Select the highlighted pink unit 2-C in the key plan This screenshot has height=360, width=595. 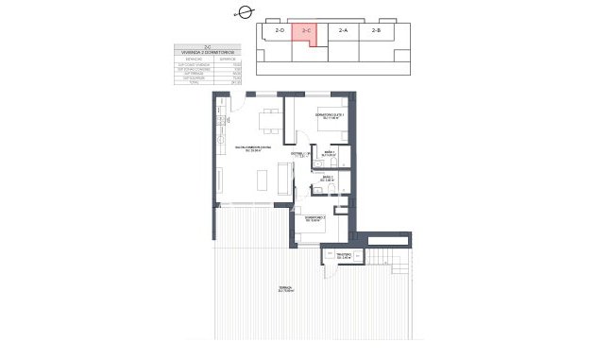(305, 33)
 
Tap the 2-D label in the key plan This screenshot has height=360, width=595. (280, 31)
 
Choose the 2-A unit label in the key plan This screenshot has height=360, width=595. (343, 31)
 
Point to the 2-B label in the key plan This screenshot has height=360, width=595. (377, 31)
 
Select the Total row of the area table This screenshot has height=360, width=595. (206, 84)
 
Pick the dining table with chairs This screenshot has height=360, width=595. (269, 120)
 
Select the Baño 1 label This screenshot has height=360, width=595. (330, 154)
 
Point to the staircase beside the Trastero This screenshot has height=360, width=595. (388, 258)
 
